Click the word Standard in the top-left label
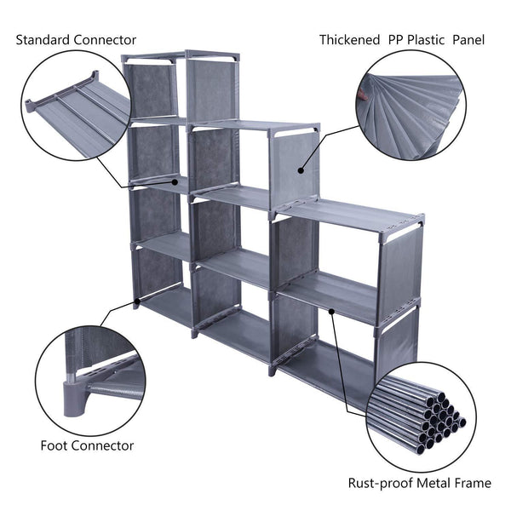click(x=44, y=40)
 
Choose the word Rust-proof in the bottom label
click(x=380, y=484)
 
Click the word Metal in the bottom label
click(x=435, y=484)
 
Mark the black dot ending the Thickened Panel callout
click(x=301, y=169)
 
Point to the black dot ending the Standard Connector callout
click(x=176, y=180)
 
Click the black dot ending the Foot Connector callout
click(x=136, y=301)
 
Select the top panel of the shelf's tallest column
click(x=181, y=56)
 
